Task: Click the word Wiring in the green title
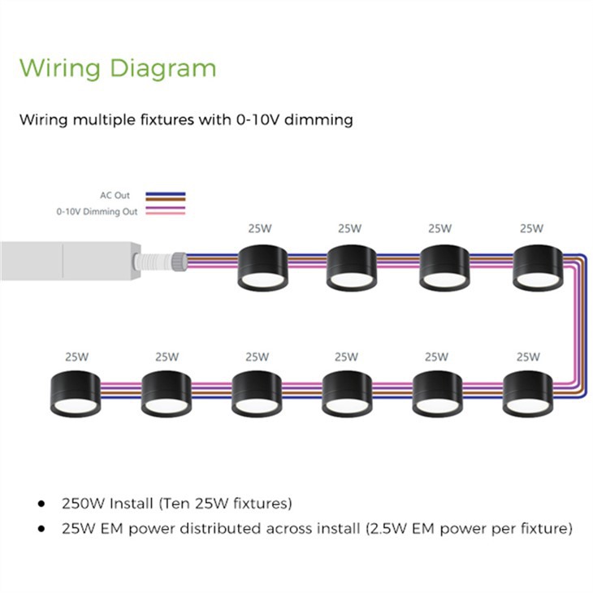pyautogui.click(x=60, y=69)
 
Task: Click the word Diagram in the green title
pyautogui.click(x=163, y=69)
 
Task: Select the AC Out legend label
pyautogui.click(x=115, y=195)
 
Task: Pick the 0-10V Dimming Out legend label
pyautogui.click(x=97, y=211)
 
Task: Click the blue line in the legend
pyautogui.click(x=166, y=193)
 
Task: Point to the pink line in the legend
pyautogui.click(x=166, y=214)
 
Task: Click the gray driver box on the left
pyautogui.click(x=71, y=261)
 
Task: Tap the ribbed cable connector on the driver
pyautogui.click(x=160, y=261)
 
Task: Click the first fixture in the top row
pyautogui.click(x=263, y=268)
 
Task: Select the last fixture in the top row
pyautogui.click(x=538, y=268)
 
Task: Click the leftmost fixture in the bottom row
pyautogui.click(x=76, y=394)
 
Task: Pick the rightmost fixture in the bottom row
pyautogui.click(x=528, y=394)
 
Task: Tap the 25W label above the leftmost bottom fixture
pyautogui.click(x=77, y=357)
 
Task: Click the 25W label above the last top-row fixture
pyautogui.click(x=531, y=228)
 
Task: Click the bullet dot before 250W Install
pyautogui.click(x=41, y=504)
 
